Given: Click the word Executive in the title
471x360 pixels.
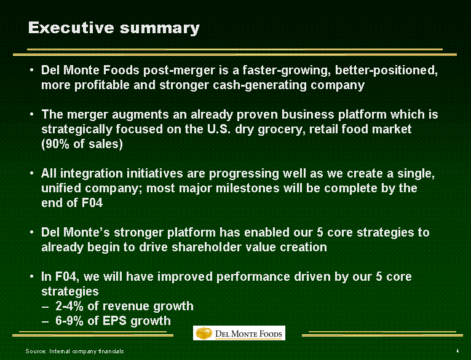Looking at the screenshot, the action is click(71, 28).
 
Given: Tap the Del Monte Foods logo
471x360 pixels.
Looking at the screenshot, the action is click(239, 333).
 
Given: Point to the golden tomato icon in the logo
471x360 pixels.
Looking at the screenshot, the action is click(204, 333).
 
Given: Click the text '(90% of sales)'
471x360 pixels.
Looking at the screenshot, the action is click(82, 144).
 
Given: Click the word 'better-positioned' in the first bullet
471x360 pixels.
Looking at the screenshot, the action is click(386, 70).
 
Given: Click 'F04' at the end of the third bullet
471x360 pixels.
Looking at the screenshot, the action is click(92, 203).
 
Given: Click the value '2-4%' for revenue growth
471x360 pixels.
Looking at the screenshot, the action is click(69, 306).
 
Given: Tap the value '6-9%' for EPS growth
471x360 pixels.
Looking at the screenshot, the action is click(69, 321).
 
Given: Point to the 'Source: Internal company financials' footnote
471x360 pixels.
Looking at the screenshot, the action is click(74, 351).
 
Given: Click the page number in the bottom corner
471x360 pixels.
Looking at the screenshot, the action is click(457, 350).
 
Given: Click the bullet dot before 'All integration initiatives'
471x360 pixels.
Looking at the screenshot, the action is click(31, 173).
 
